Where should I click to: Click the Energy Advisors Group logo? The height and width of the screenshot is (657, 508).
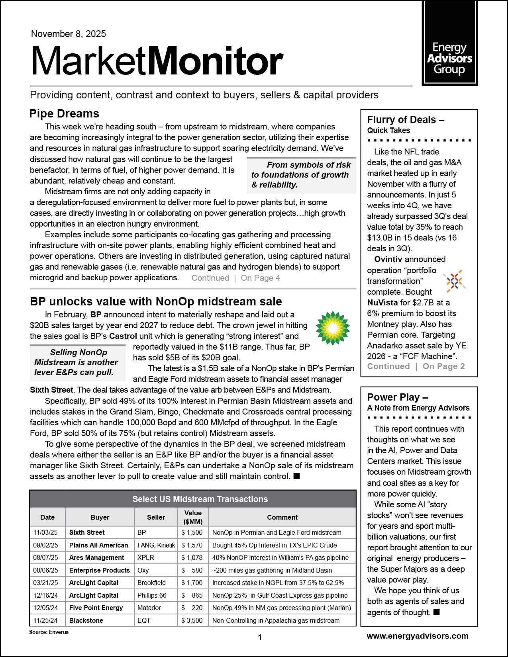click(449, 59)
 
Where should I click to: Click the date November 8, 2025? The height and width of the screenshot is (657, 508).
click(69, 34)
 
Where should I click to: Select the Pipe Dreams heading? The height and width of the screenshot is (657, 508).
click(64, 114)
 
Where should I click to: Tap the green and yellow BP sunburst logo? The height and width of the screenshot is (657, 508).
click(333, 328)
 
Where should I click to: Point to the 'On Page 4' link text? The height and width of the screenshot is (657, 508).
click(260, 278)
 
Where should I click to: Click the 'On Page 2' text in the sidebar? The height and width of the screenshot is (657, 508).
click(443, 366)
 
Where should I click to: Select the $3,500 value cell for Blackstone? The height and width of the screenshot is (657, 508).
click(192, 620)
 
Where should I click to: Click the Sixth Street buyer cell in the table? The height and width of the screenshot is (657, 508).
click(87, 532)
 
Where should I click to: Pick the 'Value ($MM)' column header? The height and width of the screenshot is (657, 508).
click(193, 517)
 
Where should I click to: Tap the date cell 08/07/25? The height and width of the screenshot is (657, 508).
click(45, 557)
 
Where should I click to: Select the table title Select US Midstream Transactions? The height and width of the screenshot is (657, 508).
click(200, 499)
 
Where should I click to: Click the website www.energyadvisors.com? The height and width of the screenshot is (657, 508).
click(417, 636)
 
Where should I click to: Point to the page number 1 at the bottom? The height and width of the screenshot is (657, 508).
click(260, 637)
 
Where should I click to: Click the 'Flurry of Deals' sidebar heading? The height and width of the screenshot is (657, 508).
click(405, 120)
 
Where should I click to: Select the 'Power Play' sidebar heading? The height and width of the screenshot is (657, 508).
click(397, 397)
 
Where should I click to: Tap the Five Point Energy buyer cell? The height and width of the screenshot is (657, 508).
click(96, 608)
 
